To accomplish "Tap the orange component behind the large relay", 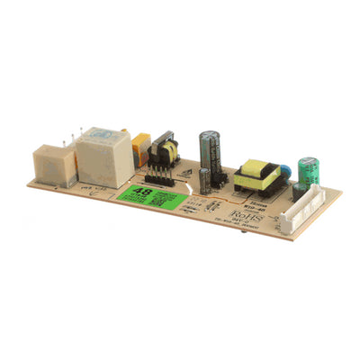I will [x=141, y=147].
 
